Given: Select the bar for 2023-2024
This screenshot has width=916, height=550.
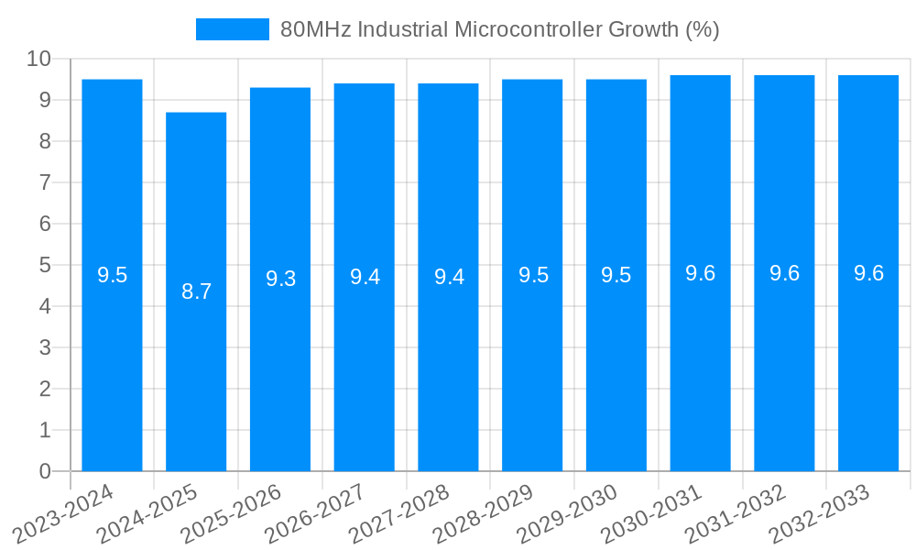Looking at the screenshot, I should click(112, 367).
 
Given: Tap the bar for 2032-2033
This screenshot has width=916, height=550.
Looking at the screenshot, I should click(868, 367).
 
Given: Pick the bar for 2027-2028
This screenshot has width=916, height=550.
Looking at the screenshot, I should click(448, 367).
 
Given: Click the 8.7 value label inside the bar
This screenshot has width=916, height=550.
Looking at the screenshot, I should click(196, 292).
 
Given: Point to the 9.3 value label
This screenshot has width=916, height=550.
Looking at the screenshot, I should click(280, 279).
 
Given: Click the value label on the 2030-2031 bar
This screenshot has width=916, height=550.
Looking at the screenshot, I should click(700, 273).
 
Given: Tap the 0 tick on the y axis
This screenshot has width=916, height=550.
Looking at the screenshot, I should click(45, 471).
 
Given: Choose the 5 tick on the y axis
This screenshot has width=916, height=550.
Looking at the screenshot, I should click(45, 265).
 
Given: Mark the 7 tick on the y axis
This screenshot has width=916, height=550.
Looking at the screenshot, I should click(45, 182).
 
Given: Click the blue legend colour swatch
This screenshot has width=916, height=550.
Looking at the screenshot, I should click(232, 29).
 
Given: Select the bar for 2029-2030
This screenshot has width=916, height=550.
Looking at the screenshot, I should click(616, 367).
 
